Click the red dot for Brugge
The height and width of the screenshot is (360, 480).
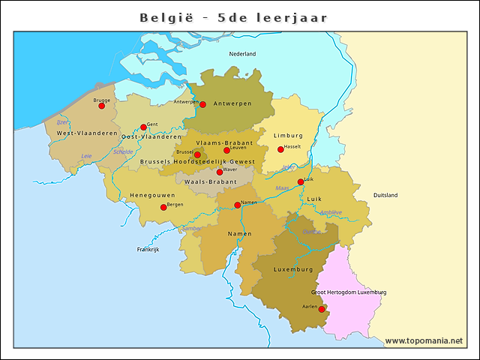tap(101, 106)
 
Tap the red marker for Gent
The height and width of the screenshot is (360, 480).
tap(143, 127)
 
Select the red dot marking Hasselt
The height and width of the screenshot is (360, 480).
tap(280, 149)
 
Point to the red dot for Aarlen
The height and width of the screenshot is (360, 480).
tap(322, 309)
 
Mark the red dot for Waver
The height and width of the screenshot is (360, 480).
tap(220, 172)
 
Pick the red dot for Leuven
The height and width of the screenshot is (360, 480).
tap(226, 151)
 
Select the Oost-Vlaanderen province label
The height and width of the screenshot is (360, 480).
tap(151, 137)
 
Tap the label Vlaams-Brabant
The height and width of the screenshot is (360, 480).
tap(224, 142)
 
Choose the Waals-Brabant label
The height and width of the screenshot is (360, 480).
tap(211, 181)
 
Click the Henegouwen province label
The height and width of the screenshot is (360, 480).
tap(152, 195)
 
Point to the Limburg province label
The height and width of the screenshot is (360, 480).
tap(289, 136)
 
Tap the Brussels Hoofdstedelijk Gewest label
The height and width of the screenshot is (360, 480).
tap(197, 161)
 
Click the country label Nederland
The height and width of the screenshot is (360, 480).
tap(242, 54)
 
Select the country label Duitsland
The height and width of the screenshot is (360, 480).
tap(385, 195)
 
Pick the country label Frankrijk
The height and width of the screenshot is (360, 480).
tap(148, 250)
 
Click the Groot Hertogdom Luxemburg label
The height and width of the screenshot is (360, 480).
tap(349, 292)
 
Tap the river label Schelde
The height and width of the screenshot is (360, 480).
tap(123, 152)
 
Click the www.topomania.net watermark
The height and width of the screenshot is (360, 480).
tap(424, 341)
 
